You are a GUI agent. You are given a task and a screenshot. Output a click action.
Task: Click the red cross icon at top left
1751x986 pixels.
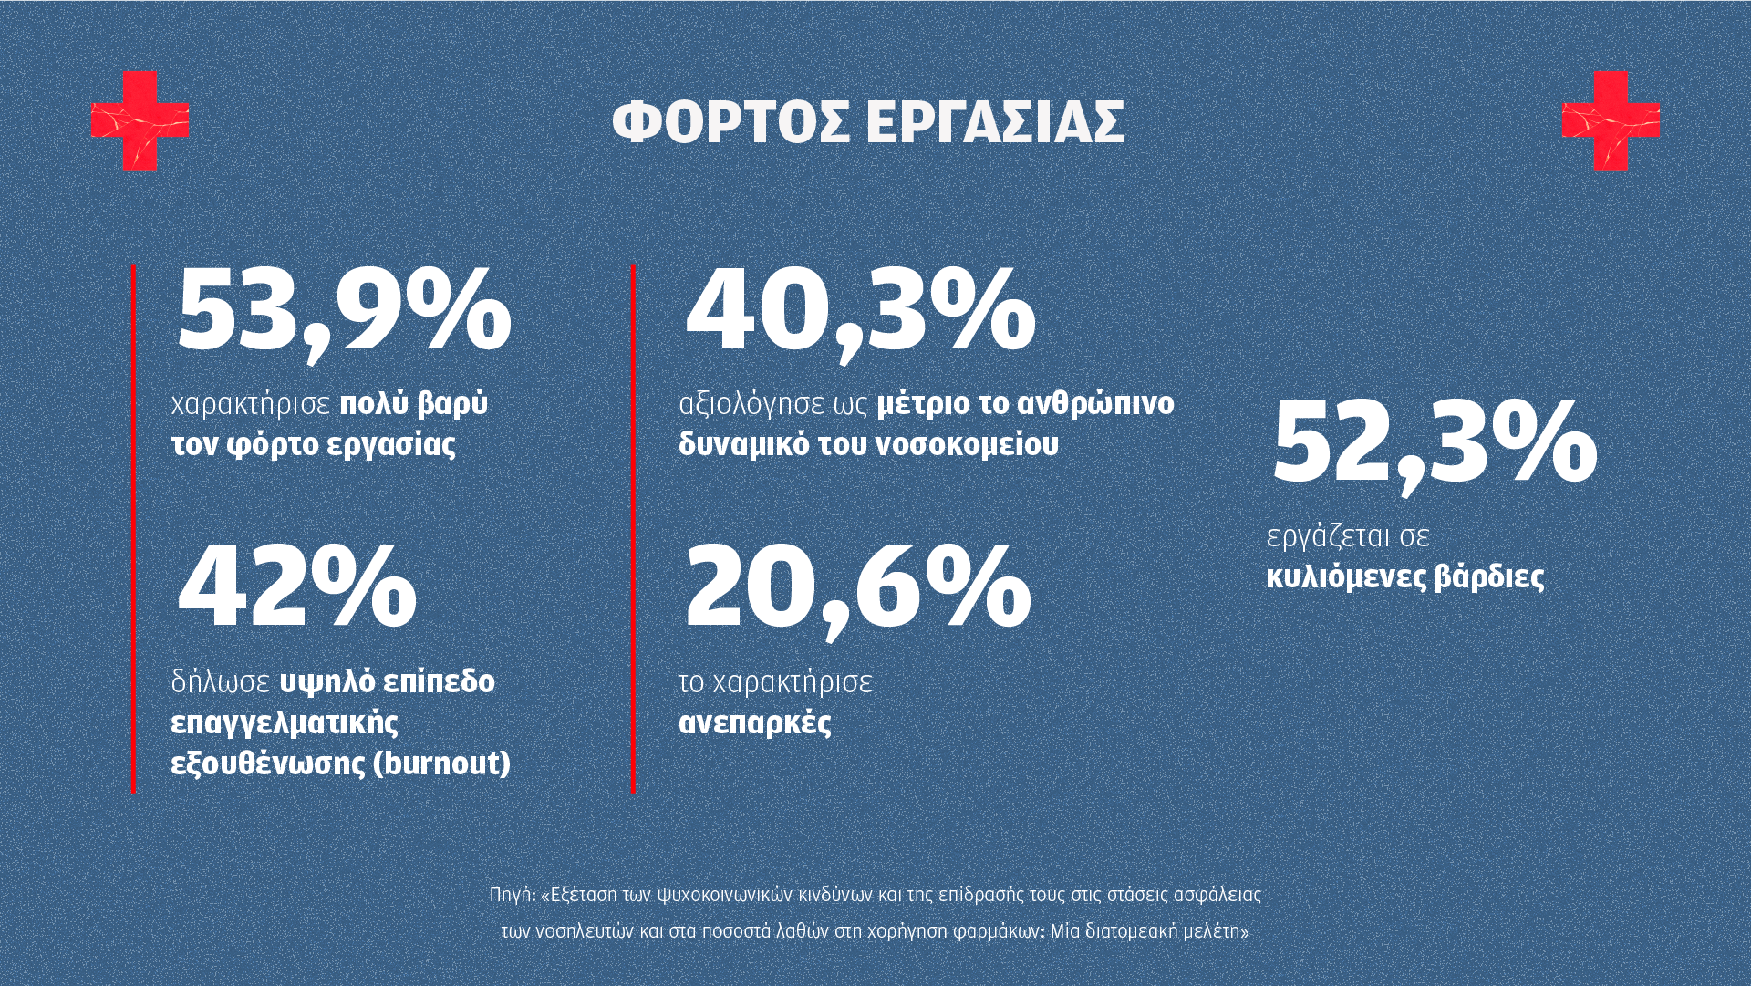(x=140, y=120)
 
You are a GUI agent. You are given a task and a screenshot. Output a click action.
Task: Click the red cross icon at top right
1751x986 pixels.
(x=1611, y=120)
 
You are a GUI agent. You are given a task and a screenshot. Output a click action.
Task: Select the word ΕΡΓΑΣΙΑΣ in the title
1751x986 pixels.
(x=995, y=122)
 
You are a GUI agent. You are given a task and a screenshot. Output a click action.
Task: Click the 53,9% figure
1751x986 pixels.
(x=344, y=310)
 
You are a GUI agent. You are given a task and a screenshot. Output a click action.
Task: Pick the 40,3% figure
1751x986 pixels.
(x=860, y=310)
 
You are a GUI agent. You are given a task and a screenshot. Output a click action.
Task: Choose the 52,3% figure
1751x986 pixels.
(x=1434, y=443)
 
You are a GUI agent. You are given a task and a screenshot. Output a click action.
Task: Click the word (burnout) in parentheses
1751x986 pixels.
(x=442, y=763)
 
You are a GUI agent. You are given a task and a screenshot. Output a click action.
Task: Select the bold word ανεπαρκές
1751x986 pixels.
(x=755, y=723)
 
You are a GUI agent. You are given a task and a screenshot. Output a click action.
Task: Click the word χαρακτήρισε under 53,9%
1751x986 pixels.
(x=251, y=404)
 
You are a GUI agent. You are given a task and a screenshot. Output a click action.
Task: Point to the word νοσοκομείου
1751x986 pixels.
(x=967, y=445)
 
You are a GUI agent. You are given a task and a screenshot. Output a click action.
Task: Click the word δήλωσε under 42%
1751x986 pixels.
(x=221, y=682)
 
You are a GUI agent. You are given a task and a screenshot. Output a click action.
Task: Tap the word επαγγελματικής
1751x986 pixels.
(x=285, y=723)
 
